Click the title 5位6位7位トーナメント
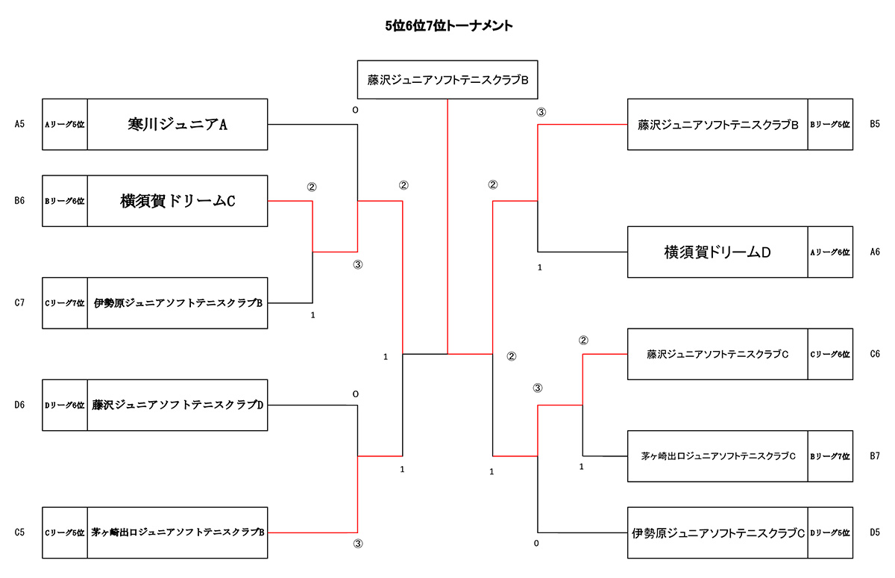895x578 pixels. point(448,25)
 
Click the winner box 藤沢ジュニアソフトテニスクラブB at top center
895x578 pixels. point(447,80)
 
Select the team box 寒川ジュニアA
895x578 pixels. point(178,125)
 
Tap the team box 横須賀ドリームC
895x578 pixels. point(178,201)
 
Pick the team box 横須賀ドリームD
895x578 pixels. point(717,252)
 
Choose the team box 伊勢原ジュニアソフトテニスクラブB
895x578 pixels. point(178,303)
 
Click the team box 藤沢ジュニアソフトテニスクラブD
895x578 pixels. point(178,405)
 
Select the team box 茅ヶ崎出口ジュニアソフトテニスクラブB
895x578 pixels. point(178,533)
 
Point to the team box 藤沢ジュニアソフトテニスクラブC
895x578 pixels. point(717,354)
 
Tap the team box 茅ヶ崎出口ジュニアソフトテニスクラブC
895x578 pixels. point(717,456)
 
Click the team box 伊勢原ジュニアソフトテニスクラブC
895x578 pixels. point(717,533)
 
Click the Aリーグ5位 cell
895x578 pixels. point(65,125)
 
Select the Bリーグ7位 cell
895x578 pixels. point(830,456)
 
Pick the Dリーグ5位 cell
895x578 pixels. point(830,533)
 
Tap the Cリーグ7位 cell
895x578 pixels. point(65,303)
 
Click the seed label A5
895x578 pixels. point(19,125)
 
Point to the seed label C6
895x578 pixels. point(875,354)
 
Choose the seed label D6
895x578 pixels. point(19,405)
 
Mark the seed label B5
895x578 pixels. point(875,125)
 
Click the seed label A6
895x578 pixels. point(875,252)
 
